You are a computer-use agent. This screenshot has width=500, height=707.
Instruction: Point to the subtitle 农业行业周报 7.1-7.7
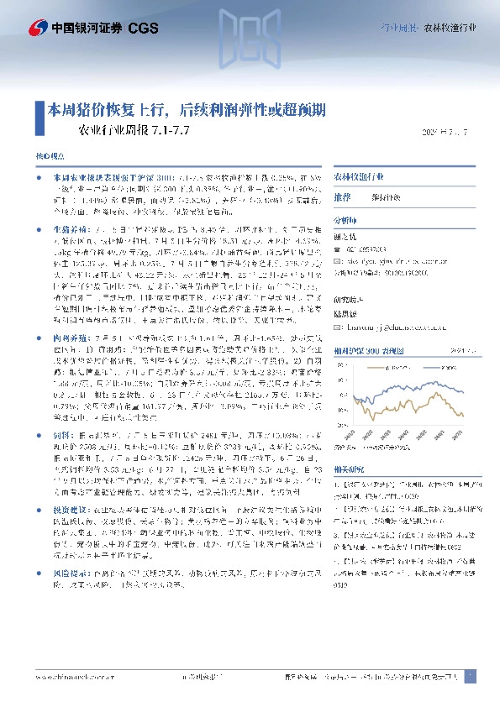(x=134, y=131)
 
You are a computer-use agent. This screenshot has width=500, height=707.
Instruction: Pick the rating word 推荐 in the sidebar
(x=342, y=196)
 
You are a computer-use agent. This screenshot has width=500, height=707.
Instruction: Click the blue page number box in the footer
(x=471, y=676)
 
